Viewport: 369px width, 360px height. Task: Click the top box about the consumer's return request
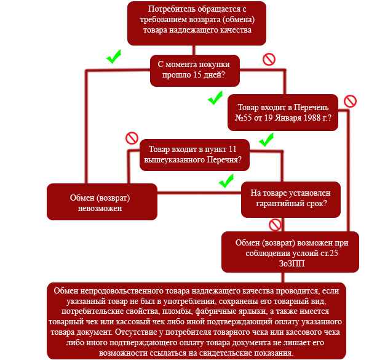pyautogui.click(x=197, y=23)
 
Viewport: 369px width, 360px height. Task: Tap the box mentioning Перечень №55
pyautogui.click(x=283, y=112)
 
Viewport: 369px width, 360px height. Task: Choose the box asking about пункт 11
pyautogui.click(x=195, y=154)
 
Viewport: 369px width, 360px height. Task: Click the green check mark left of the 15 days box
pyautogui.click(x=113, y=57)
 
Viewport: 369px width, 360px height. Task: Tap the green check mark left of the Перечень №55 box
pyautogui.click(x=215, y=98)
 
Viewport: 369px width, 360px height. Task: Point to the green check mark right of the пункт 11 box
pyautogui.click(x=266, y=140)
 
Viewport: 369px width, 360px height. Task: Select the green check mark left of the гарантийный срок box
pyautogui.click(x=226, y=181)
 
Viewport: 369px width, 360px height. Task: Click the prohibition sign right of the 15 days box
pyautogui.click(x=269, y=59)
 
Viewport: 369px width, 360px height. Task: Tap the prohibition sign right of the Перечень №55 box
pyautogui.click(x=350, y=101)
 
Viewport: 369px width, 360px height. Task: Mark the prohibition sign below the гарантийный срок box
pyautogui.click(x=275, y=225)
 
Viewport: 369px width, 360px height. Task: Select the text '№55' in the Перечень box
pyautogui.click(x=244, y=118)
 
